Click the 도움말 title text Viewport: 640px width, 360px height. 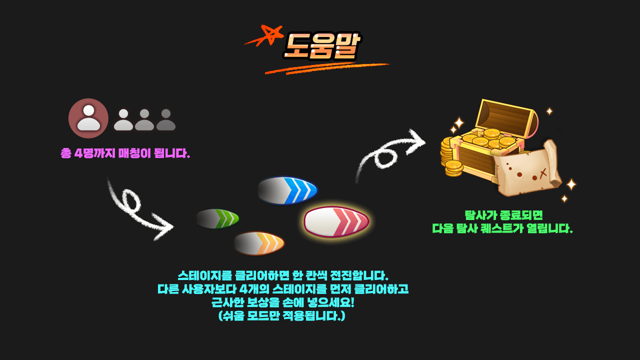322,46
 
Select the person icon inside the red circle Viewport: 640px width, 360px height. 88,118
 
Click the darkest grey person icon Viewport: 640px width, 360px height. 166,120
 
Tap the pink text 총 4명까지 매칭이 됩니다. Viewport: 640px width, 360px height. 125,153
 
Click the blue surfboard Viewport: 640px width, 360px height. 288,190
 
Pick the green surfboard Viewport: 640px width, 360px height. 218,218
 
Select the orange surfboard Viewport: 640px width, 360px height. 259,243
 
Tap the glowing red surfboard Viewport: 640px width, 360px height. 336,221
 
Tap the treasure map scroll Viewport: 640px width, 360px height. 527,170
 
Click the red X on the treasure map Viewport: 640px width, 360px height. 543,172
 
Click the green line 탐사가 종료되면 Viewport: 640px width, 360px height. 503,215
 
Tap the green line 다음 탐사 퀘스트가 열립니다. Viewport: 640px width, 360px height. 502,229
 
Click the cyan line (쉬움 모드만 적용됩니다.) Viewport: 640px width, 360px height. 282,316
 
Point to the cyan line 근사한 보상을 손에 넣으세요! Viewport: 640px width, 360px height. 283,302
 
